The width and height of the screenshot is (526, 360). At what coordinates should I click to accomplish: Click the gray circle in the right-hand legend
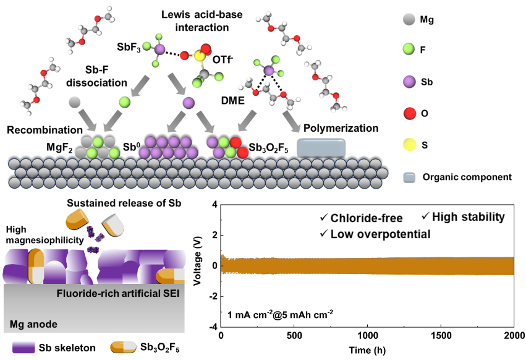pyautogui.click(x=409, y=19)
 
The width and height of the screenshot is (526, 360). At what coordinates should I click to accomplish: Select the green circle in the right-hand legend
pyautogui.click(x=409, y=48)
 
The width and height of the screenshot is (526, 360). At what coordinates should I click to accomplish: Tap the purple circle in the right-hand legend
pyautogui.click(x=409, y=82)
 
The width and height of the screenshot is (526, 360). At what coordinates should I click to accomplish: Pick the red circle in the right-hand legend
pyautogui.click(x=409, y=113)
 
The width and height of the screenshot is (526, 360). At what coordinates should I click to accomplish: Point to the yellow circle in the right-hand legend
pyautogui.click(x=409, y=145)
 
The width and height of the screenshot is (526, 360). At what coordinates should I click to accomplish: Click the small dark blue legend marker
pyautogui.click(x=409, y=178)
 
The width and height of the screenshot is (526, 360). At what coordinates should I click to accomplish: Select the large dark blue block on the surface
pyautogui.click(x=321, y=148)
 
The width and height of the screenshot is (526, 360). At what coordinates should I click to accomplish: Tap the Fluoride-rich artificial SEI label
pyautogui.click(x=118, y=293)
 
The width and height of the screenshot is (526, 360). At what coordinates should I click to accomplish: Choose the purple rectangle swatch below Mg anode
pyautogui.click(x=23, y=347)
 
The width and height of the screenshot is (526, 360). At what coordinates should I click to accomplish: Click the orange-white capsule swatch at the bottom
pyautogui.click(x=123, y=346)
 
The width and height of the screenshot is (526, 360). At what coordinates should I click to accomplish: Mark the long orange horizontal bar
pyautogui.click(x=367, y=266)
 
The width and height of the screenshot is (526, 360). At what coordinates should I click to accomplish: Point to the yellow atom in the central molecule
pyautogui.click(x=200, y=56)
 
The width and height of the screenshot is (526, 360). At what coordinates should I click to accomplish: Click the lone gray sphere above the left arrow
pyautogui.click(x=75, y=102)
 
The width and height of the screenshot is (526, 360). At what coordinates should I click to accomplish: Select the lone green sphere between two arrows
pyautogui.click(x=125, y=102)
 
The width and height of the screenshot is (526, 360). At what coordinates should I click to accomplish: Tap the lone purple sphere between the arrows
pyautogui.click(x=189, y=103)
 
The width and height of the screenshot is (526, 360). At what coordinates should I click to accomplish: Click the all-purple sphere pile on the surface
pyautogui.click(x=168, y=148)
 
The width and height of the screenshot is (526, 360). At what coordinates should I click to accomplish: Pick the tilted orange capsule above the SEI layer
pyautogui.click(x=77, y=219)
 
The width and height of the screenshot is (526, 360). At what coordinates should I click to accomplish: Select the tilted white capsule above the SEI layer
pyautogui.click(x=113, y=225)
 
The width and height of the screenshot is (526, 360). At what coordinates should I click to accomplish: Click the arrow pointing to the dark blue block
pyautogui.click(x=291, y=122)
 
